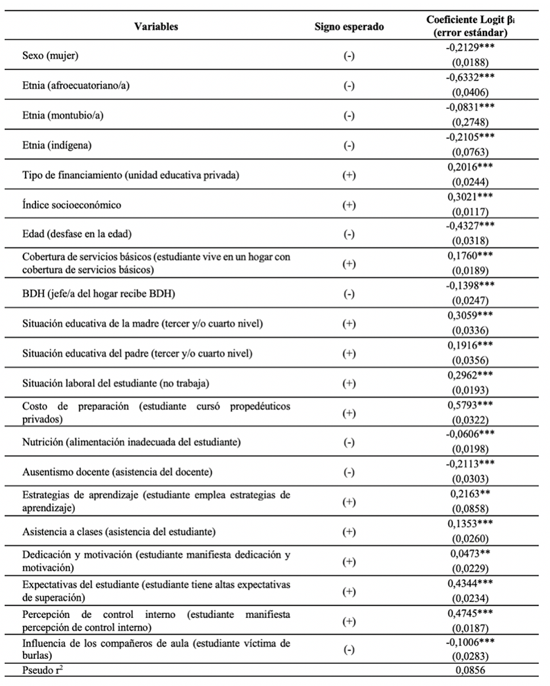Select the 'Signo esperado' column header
349,26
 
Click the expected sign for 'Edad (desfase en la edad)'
349,234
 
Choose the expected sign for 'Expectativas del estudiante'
349,591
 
